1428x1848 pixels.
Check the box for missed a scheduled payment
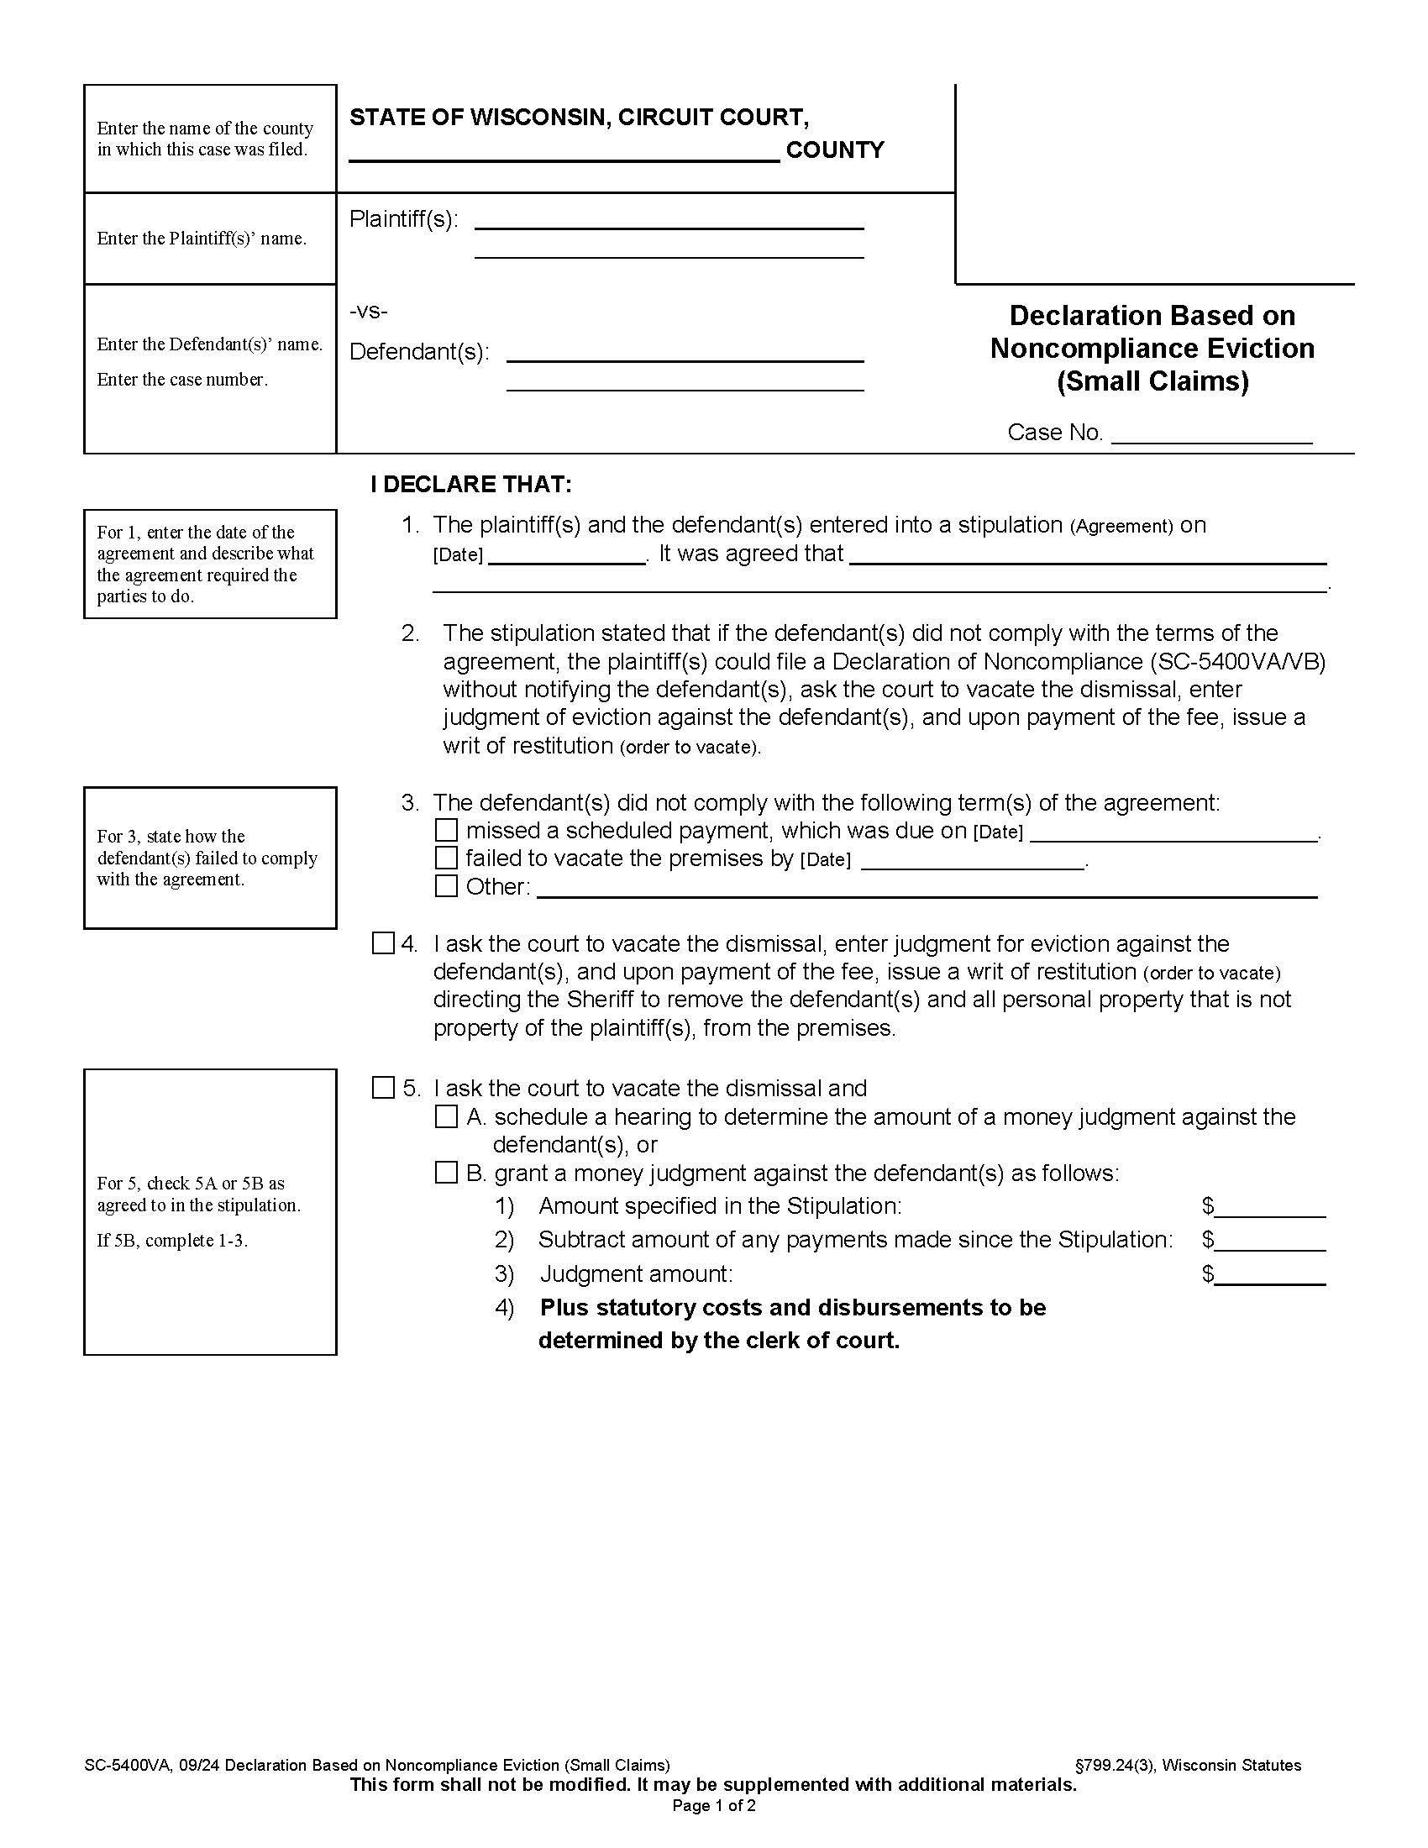(x=446, y=830)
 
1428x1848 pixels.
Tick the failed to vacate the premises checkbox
(x=446, y=858)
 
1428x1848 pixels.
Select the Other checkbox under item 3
(x=446, y=886)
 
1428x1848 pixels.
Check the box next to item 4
(x=383, y=943)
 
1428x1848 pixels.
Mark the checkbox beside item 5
(x=383, y=1088)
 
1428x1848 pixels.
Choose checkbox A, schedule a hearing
(x=446, y=1117)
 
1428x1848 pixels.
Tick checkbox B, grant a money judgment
(x=446, y=1173)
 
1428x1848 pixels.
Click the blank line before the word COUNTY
(x=564, y=152)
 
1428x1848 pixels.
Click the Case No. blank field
(x=1210, y=435)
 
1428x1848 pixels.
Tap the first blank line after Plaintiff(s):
(x=669, y=221)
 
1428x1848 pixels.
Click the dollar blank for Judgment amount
(x=1270, y=1275)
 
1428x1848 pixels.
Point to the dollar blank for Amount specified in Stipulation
(x=1270, y=1207)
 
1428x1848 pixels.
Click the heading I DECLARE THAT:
(x=471, y=485)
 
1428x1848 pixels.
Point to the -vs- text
(x=368, y=312)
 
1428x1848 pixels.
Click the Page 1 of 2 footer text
(x=713, y=1806)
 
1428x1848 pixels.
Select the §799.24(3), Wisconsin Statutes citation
(x=1187, y=1765)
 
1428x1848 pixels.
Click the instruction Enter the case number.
(x=182, y=380)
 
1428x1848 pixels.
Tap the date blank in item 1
(x=567, y=556)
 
